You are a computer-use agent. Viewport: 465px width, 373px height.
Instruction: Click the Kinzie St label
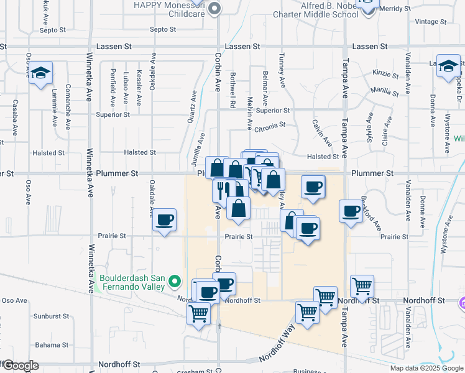point(385,74)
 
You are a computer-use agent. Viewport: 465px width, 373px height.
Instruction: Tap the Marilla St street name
point(385,91)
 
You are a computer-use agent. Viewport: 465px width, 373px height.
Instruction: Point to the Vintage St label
point(426,22)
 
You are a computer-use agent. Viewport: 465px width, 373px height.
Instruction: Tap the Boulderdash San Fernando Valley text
point(131,282)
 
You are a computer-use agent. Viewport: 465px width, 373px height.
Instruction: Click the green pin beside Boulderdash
point(175,282)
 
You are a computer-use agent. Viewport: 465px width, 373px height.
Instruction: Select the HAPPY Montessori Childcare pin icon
point(214,8)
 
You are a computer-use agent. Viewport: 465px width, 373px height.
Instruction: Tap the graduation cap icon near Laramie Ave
point(41,73)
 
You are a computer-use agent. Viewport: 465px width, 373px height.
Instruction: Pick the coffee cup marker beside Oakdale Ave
point(165,221)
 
